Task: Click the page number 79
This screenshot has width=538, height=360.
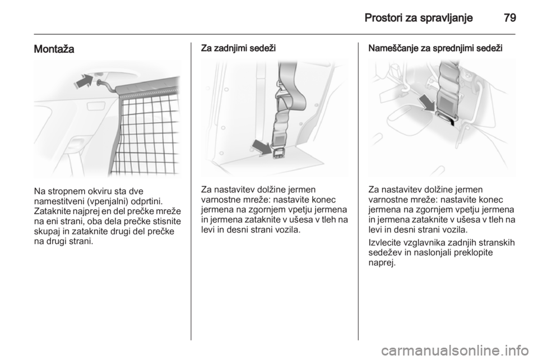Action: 510,17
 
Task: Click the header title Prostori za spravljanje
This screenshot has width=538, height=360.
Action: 419,18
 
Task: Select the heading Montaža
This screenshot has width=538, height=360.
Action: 54,49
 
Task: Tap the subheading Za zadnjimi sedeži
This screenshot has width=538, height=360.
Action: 238,48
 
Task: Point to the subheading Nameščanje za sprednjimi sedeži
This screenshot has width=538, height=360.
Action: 435,48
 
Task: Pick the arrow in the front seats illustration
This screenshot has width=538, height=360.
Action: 427,104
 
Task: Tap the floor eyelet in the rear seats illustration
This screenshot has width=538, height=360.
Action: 279,154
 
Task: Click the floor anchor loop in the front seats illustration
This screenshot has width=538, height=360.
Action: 446,118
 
